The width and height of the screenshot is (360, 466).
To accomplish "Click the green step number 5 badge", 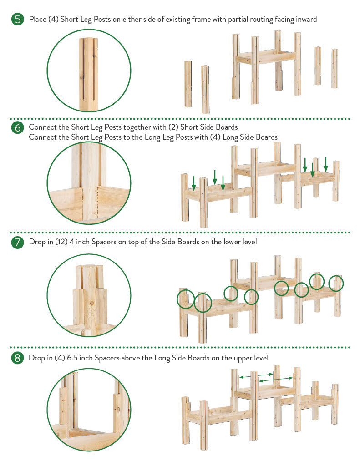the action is coord(18,19).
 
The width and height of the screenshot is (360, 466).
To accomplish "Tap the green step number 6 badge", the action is coord(18,127).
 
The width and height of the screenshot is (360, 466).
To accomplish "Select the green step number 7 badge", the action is coord(18,242).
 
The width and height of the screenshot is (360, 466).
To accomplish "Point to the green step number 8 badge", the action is coord(18,358).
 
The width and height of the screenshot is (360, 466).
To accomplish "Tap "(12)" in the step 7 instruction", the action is coord(61,242).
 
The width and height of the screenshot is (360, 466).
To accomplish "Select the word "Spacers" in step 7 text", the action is coord(104,242).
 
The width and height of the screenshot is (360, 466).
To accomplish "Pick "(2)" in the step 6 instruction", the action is coord(173,127).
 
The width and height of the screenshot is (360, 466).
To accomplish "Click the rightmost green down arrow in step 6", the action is coord(325,164).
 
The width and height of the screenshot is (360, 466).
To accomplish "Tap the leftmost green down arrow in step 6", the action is coord(194,183).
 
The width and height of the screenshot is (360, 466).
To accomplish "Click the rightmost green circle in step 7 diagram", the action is coord(336,283).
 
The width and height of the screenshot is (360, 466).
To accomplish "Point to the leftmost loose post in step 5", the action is coord(188,84).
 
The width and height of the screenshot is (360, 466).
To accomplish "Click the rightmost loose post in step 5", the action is coord(335,68).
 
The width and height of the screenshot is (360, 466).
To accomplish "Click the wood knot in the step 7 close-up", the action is coord(92,303).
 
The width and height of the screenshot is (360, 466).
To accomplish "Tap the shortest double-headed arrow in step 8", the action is coord(265,374).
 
